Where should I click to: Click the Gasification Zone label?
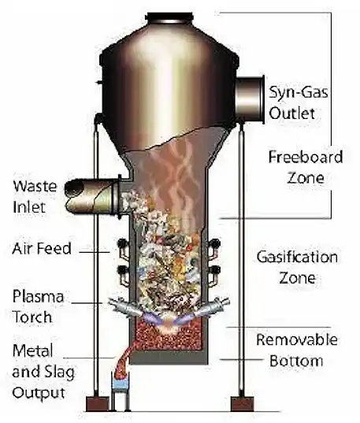(x=298, y=267)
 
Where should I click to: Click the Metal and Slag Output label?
(x=40, y=370)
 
